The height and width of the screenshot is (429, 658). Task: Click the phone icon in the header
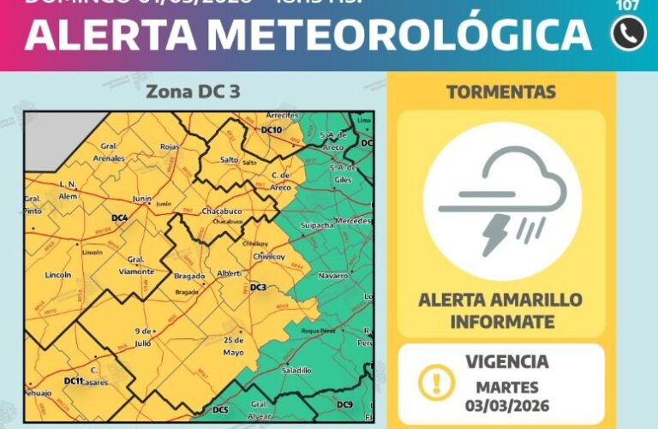click(628, 33)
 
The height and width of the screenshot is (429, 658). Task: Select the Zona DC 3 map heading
click(193, 92)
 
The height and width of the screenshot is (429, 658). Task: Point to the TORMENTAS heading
click(501, 92)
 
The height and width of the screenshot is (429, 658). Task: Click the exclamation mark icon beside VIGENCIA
click(437, 381)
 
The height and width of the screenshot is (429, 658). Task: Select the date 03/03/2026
click(508, 405)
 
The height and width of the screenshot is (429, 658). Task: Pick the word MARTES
click(508, 387)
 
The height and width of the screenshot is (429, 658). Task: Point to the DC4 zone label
click(119, 218)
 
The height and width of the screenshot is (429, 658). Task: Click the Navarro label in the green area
click(332, 276)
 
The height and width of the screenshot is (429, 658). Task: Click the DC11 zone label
click(74, 380)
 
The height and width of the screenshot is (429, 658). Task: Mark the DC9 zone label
click(344, 404)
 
